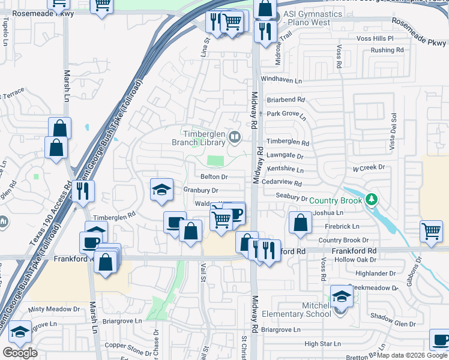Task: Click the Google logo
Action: [x=20, y=353]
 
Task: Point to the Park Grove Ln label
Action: [x=286, y=114]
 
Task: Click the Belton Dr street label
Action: [x=214, y=177]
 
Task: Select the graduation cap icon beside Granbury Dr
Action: [x=161, y=190]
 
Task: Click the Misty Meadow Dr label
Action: [x=53, y=309]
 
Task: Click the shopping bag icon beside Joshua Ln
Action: [x=300, y=223]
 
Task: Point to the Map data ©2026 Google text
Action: [x=412, y=355]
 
